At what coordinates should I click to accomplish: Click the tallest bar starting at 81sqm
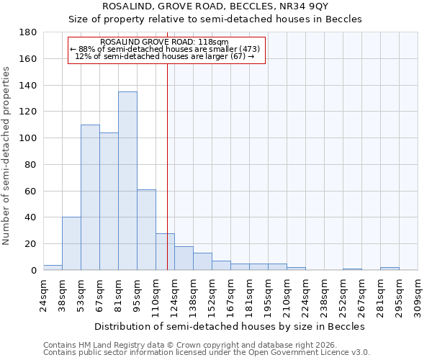(127, 181)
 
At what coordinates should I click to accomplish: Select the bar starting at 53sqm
(90, 197)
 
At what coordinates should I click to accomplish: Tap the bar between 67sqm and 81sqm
(109, 202)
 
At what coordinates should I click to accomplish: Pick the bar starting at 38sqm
(71, 243)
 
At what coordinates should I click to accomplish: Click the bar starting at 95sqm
(146, 230)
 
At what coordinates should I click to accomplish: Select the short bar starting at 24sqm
(53, 267)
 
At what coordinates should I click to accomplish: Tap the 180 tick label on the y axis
(28, 32)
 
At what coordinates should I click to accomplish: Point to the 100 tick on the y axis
(28, 138)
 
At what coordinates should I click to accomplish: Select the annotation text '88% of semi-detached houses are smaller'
(166, 49)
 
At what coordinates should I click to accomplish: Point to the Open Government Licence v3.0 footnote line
(207, 353)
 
